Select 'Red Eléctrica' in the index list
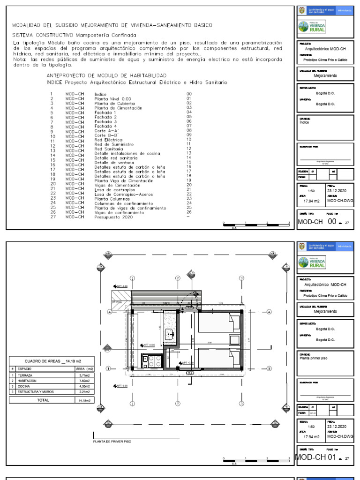click(108, 140)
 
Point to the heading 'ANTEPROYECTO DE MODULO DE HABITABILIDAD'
click(105, 75)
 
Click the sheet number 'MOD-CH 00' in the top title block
click(317, 222)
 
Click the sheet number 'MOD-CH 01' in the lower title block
click(317, 457)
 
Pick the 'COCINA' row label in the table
click(24, 386)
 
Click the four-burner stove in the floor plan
click(154, 361)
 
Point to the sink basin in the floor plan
click(169, 334)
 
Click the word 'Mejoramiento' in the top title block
click(325, 75)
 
